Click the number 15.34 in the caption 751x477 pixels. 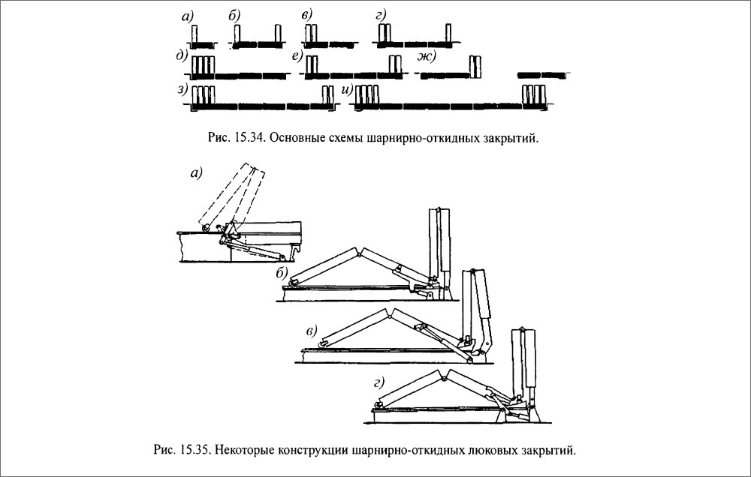click(250, 138)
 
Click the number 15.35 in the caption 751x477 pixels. click(195, 451)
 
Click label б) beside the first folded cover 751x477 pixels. click(282, 274)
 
